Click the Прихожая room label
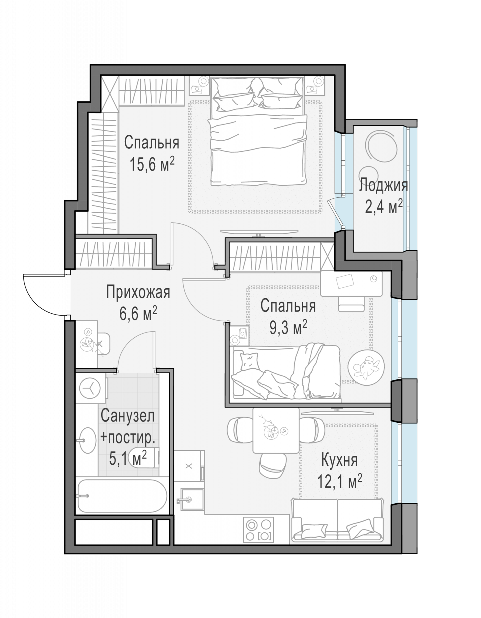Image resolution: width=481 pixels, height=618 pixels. pyautogui.click(x=138, y=293)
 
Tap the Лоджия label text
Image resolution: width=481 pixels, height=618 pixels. pyautogui.click(x=383, y=186)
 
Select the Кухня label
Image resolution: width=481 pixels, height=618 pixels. pyautogui.click(x=339, y=460)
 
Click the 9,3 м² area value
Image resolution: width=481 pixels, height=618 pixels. pyautogui.click(x=288, y=328)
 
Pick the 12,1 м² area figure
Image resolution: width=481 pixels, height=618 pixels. pyautogui.click(x=340, y=481)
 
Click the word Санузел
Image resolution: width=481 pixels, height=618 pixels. pyautogui.click(x=128, y=416)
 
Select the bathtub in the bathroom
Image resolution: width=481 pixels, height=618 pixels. pyautogui.click(x=122, y=496)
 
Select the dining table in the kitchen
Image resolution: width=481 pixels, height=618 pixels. pyautogui.click(x=276, y=430)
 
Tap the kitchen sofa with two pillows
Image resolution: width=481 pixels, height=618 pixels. pyautogui.click(x=337, y=520)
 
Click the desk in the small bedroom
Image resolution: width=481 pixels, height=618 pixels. pyautogui.click(x=351, y=284)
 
